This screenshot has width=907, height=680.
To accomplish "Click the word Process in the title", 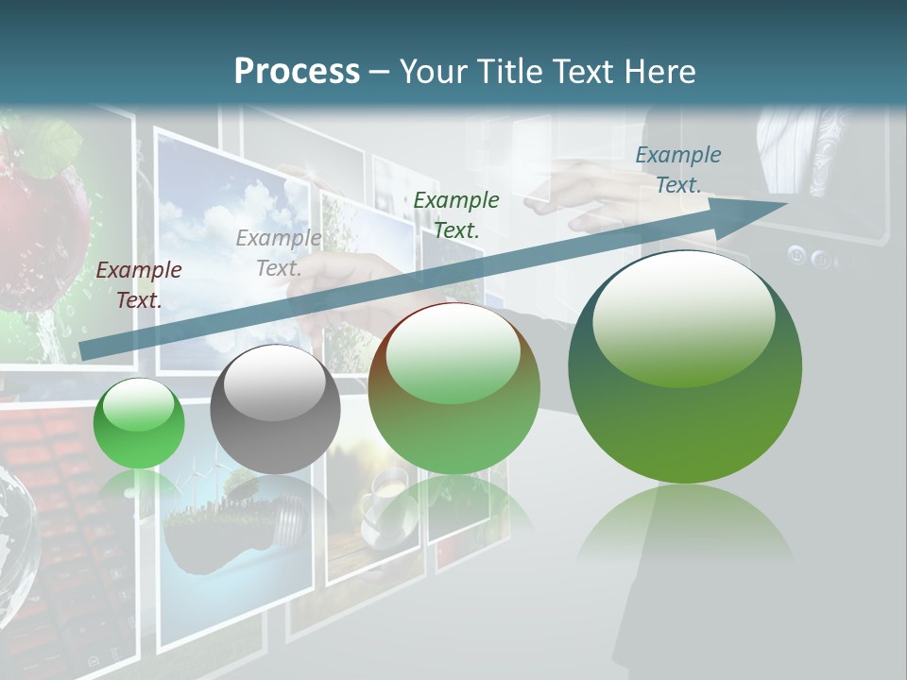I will point(297,71).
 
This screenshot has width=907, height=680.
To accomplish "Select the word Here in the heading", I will point(659,71).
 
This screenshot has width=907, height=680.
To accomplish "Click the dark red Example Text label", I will point(139,285).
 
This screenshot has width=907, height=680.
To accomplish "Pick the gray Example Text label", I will point(279,253).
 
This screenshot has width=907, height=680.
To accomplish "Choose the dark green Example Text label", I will point(456,214).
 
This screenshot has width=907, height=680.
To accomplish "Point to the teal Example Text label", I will point(678,170).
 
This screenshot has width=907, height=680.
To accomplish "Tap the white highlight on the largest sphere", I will point(683,316).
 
